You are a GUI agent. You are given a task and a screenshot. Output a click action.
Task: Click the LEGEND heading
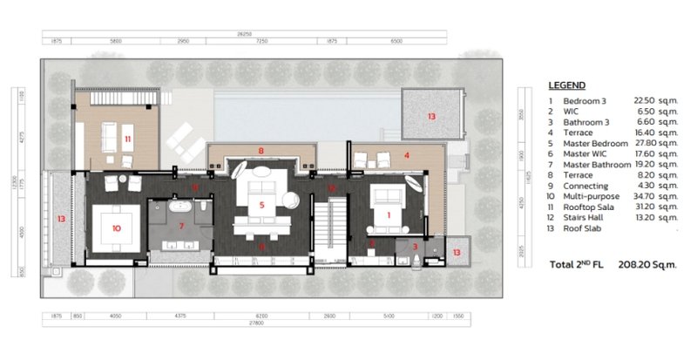click(x=566, y=85)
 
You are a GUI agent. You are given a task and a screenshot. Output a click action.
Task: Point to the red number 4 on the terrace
click(x=407, y=156)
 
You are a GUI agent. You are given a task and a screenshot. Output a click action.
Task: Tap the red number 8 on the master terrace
click(x=261, y=151)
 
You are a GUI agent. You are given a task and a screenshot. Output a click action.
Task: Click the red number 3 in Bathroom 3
click(x=415, y=247)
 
